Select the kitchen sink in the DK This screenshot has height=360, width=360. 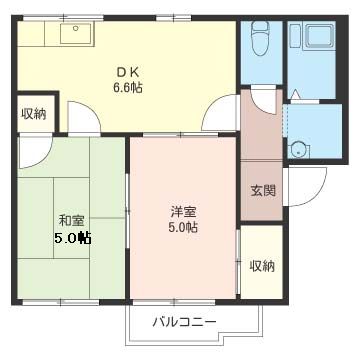click(75, 34)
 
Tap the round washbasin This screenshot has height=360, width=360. click(296, 150)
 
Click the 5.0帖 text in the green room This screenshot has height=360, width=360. click(72, 238)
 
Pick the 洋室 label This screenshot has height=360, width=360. click(182, 210)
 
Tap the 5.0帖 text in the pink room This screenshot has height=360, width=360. click(183, 228)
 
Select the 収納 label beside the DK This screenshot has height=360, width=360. click(33, 114)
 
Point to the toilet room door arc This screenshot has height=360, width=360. click(263, 97)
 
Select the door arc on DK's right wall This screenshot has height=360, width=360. click(222, 115)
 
